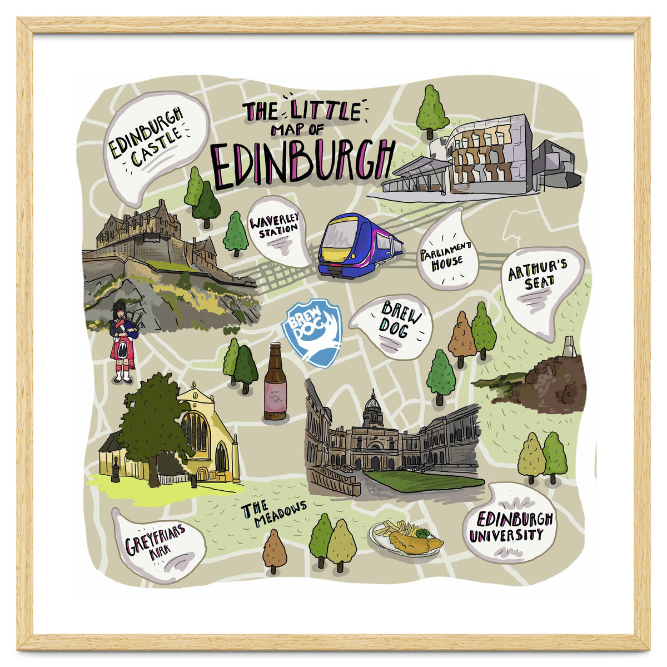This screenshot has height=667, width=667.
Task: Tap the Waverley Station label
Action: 276,228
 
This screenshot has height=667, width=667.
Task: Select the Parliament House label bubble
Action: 446,256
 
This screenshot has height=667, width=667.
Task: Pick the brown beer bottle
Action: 275,382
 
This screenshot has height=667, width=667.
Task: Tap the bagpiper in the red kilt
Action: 123,342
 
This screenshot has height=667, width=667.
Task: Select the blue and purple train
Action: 359,245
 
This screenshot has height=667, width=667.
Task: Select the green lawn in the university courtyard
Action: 422,480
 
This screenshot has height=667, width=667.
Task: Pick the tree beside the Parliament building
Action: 432,110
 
